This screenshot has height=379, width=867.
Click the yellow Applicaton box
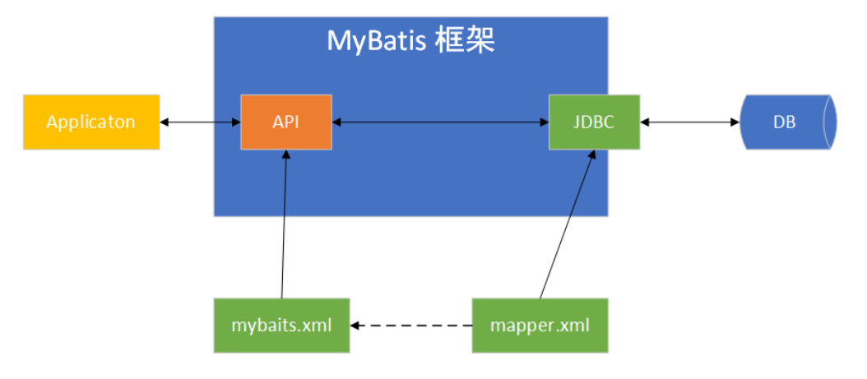tap(91, 122)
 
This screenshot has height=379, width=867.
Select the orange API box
tap(286, 122)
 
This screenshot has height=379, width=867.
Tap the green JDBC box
tap(594, 122)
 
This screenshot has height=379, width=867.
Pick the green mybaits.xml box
tap(281, 326)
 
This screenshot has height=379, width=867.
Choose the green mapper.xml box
tap(540, 326)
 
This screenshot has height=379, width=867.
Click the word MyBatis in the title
tap(375, 40)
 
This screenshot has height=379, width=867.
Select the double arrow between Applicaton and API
tap(200, 122)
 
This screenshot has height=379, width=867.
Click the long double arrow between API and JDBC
tap(440, 122)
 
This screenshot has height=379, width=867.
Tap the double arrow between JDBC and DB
tap(689, 122)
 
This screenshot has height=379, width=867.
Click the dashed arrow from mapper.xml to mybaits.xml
tap(411, 326)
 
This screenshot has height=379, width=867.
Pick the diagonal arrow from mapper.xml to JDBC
tap(566, 226)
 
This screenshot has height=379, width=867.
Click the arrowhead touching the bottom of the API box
tap(285, 156)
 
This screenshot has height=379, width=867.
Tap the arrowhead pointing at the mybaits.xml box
tap(355, 326)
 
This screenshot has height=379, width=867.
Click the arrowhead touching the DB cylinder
tap(734, 122)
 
